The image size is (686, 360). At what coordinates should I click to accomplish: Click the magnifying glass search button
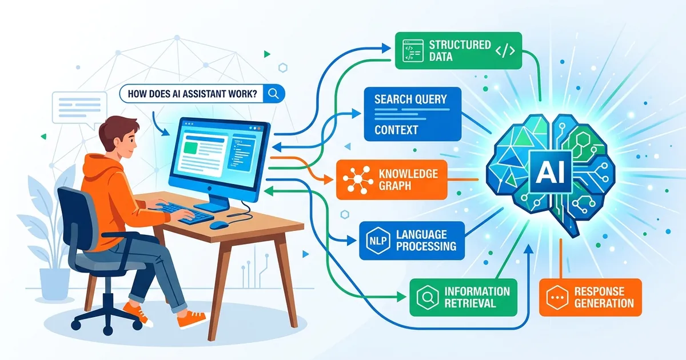[x=273, y=93]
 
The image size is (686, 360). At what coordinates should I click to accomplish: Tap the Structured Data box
[x=458, y=50]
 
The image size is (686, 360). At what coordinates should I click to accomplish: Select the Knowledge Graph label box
[x=392, y=179]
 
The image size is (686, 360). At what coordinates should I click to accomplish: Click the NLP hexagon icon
[x=378, y=241]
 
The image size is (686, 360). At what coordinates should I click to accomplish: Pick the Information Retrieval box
[x=464, y=297]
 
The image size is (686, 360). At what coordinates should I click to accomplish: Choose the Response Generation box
[x=590, y=297]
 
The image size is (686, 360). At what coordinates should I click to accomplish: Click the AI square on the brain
[x=551, y=172]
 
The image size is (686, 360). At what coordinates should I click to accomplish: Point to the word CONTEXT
[x=396, y=130]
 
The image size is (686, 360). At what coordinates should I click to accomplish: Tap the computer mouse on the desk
[x=218, y=225]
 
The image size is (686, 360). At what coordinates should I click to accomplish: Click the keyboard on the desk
[x=184, y=212]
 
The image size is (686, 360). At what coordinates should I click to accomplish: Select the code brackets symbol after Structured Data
[x=505, y=51]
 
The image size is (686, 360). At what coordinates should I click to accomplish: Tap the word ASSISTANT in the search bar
[x=204, y=94]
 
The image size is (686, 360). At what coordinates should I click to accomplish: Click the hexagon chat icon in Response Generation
[x=557, y=298]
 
